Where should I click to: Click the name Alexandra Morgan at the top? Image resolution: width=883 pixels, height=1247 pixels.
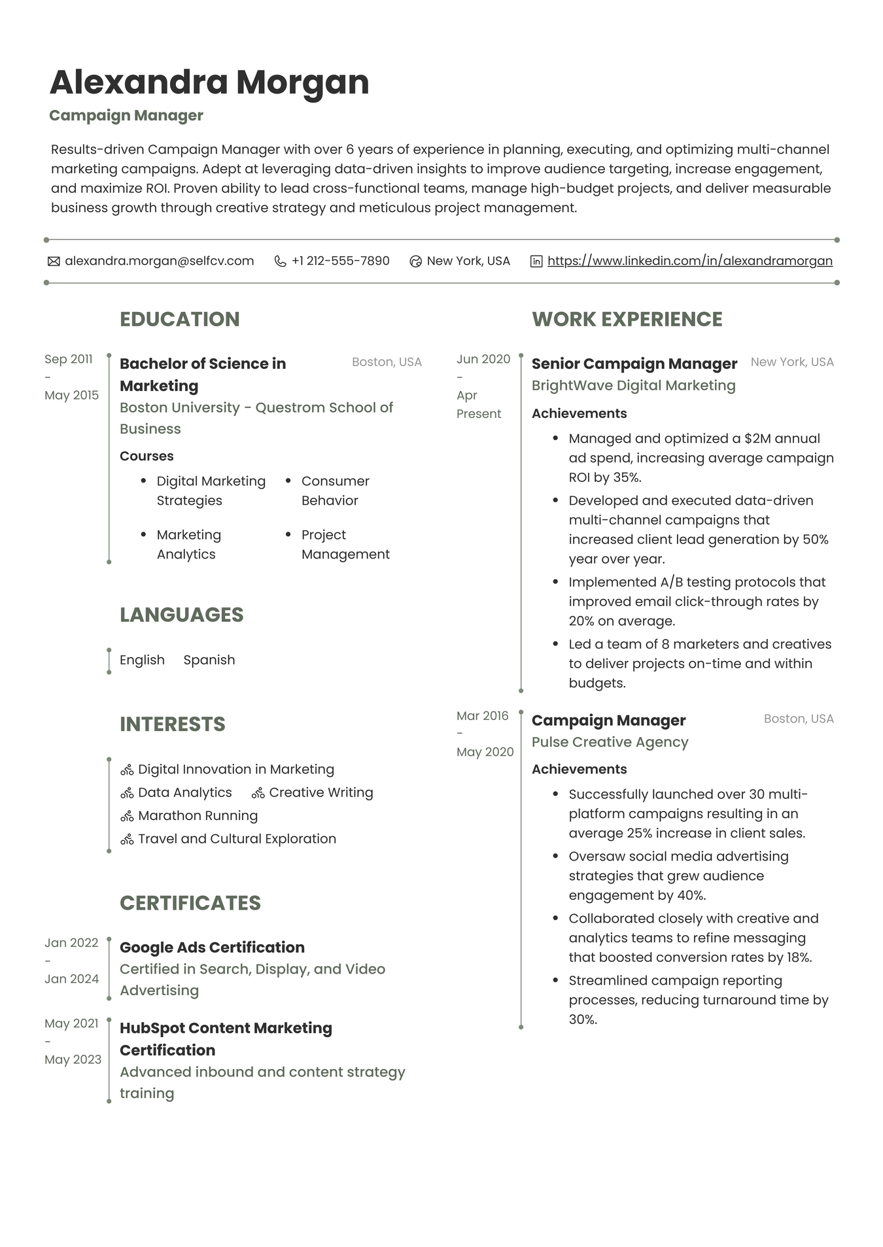tap(209, 82)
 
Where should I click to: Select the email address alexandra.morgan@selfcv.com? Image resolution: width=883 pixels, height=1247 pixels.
tap(159, 261)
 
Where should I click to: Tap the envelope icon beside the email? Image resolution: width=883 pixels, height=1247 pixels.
tap(54, 262)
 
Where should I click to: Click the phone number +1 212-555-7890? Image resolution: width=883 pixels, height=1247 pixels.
tap(340, 261)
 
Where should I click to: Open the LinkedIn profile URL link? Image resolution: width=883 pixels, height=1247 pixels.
tap(689, 261)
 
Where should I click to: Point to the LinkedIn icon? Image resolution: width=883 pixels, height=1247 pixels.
tap(536, 262)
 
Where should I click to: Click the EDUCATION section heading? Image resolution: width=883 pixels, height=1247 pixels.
tap(179, 319)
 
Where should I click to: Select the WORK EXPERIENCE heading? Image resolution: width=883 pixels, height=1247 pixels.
tap(627, 319)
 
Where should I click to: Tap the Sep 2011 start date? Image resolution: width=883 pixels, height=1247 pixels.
tap(69, 359)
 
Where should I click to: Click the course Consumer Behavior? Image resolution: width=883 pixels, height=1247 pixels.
tap(335, 490)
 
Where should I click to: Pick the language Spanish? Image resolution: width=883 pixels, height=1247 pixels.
tap(209, 660)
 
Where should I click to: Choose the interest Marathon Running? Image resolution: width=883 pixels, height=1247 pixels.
tap(198, 815)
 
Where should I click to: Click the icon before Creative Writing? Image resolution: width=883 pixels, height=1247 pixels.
tap(258, 793)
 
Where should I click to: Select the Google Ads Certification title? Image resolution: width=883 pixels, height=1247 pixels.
tap(212, 948)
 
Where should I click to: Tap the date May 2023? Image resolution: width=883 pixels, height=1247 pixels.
tap(73, 1059)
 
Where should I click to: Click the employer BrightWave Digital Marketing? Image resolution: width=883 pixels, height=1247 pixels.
tap(633, 386)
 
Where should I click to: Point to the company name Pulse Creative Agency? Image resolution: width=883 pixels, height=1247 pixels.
tap(610, 742)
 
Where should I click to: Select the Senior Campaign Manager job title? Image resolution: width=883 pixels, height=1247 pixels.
tap(634, 364)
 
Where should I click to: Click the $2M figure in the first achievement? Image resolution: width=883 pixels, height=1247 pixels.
tap(757, 439)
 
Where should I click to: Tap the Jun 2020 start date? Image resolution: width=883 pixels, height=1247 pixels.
tap(483, 359)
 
